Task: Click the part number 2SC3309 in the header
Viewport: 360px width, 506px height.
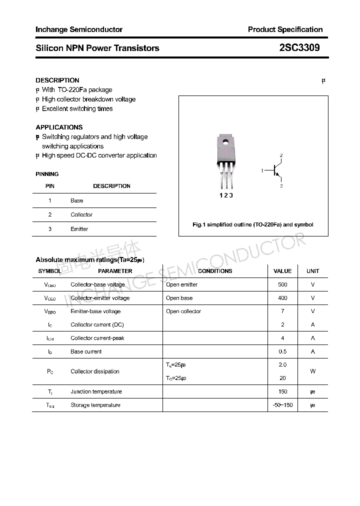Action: [x=299, y=48]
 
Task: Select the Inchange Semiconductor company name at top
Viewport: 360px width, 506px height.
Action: [x=79, y=29]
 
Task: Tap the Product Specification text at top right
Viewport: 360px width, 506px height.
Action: [x=285, y=29]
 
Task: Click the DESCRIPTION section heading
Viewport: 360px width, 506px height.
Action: [x=57, y=80]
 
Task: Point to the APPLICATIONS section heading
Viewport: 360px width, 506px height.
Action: [x=59, y=127]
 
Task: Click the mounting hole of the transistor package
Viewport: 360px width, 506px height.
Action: [x=225, y=141]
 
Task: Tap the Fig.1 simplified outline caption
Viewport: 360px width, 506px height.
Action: [x=253, y=224]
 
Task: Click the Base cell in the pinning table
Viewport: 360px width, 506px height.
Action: [x=77, y=200]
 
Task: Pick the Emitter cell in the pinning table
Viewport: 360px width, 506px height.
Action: [x=79, y=229]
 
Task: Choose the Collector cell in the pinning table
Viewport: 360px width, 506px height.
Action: [x=81, y=214]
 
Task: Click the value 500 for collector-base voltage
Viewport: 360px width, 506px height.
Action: [x=282, y=284]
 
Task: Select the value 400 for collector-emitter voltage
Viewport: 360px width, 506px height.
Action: [x=282, y=298]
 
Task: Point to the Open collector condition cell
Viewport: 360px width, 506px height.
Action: [x=183, y=311]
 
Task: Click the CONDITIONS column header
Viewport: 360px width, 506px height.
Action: [x=215, y=271]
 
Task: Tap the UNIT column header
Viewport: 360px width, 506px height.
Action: [x=313, y=271]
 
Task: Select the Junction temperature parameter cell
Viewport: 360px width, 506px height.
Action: [x=96, y=391]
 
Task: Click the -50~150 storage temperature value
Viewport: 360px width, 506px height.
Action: [x=282, y=405]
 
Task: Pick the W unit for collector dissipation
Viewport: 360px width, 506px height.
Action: [x=313, y=371]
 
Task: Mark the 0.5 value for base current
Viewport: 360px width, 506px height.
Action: [x=282, y=351]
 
